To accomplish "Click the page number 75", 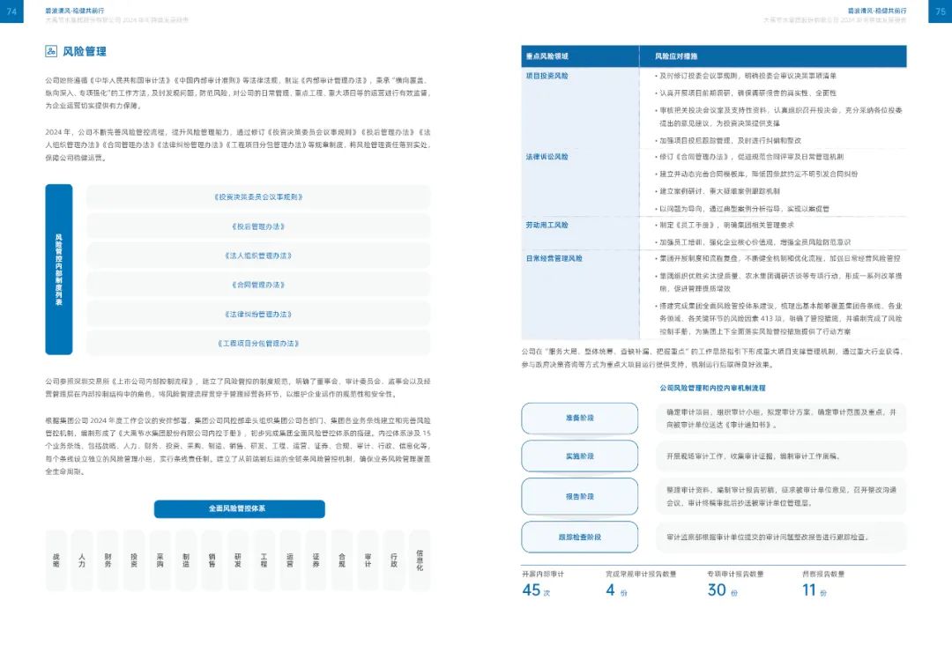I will coord(940,11).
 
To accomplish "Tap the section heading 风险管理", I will coord(85,52).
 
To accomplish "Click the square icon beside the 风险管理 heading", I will coord(51,52).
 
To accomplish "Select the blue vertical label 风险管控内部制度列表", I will coord(58,269).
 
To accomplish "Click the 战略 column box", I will coord(56,560).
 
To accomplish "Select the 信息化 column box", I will coord(420,560).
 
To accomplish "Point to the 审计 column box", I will coord(368,560).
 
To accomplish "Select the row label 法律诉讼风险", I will coord(547,156).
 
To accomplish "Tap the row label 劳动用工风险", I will coord(547,226).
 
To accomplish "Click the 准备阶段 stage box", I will coord(579,418).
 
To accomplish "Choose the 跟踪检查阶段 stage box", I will coord(579,536).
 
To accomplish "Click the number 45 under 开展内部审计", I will coord(532,590).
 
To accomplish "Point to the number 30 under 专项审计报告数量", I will coord(717,590).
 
